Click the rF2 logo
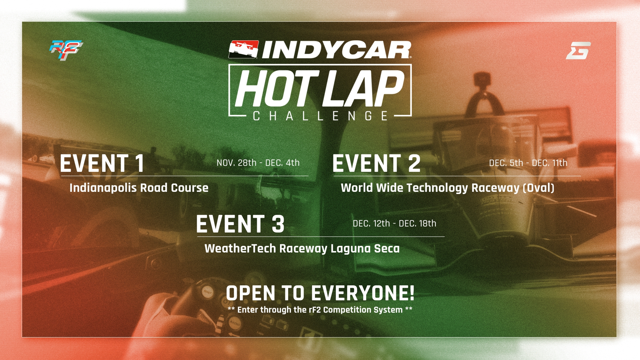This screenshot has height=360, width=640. [x=66, y=50]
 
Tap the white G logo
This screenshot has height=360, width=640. [x=578, y=51]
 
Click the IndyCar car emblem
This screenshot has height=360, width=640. [x=243, y=49]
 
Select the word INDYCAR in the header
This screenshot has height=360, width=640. [x=337, y=50]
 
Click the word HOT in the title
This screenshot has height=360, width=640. [x=277, y=88]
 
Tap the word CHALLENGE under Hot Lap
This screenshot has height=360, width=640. [x=320, y=116]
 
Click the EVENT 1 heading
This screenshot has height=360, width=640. [x=102, y=163]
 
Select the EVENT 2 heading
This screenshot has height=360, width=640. [x=377, y=163]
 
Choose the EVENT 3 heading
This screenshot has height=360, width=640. [x=240, y=223]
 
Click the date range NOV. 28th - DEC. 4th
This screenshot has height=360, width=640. [x=258, y=163]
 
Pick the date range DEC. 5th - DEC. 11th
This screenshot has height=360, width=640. [x=528, y=163]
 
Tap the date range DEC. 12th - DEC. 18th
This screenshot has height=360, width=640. [x=394, y=223]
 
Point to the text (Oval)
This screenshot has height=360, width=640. [x=538, y=188]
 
